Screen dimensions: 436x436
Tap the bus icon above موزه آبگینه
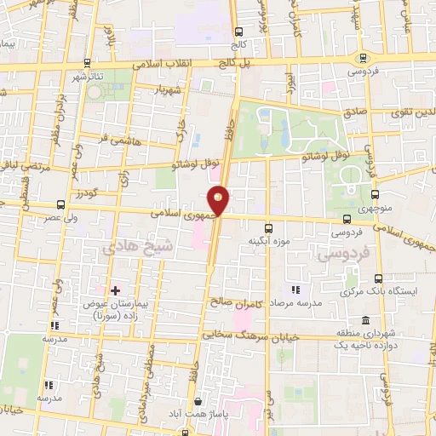coord(269,227)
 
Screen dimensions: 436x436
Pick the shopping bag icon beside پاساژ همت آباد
coord(198,400)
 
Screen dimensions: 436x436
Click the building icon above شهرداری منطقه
coord(364,321)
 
